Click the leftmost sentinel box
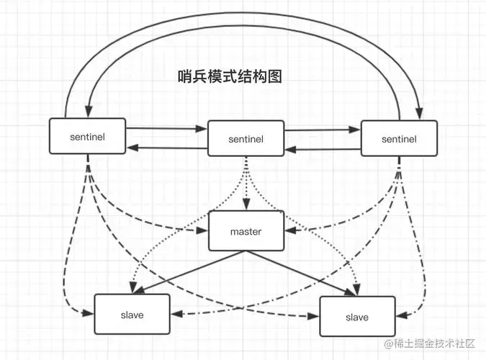pos(87,136)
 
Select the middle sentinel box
pos(245,138)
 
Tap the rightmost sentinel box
pos(398,138)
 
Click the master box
pos(246,231)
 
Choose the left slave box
pos(132,313)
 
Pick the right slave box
pos(356,316)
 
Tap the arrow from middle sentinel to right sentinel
pos(322,130)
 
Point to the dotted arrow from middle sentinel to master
pos(245,184)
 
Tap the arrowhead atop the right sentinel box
pos(418,114)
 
